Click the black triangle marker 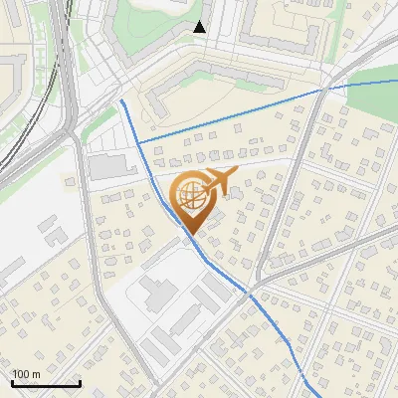tap(200, 27)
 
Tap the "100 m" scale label tap(26, 373)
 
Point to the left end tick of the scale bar tap(12, 382)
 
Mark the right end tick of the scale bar tap(80, 382)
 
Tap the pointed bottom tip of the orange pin tap(190, 235)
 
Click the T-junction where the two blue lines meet tap(137, 143)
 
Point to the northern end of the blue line tap(120, 100)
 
